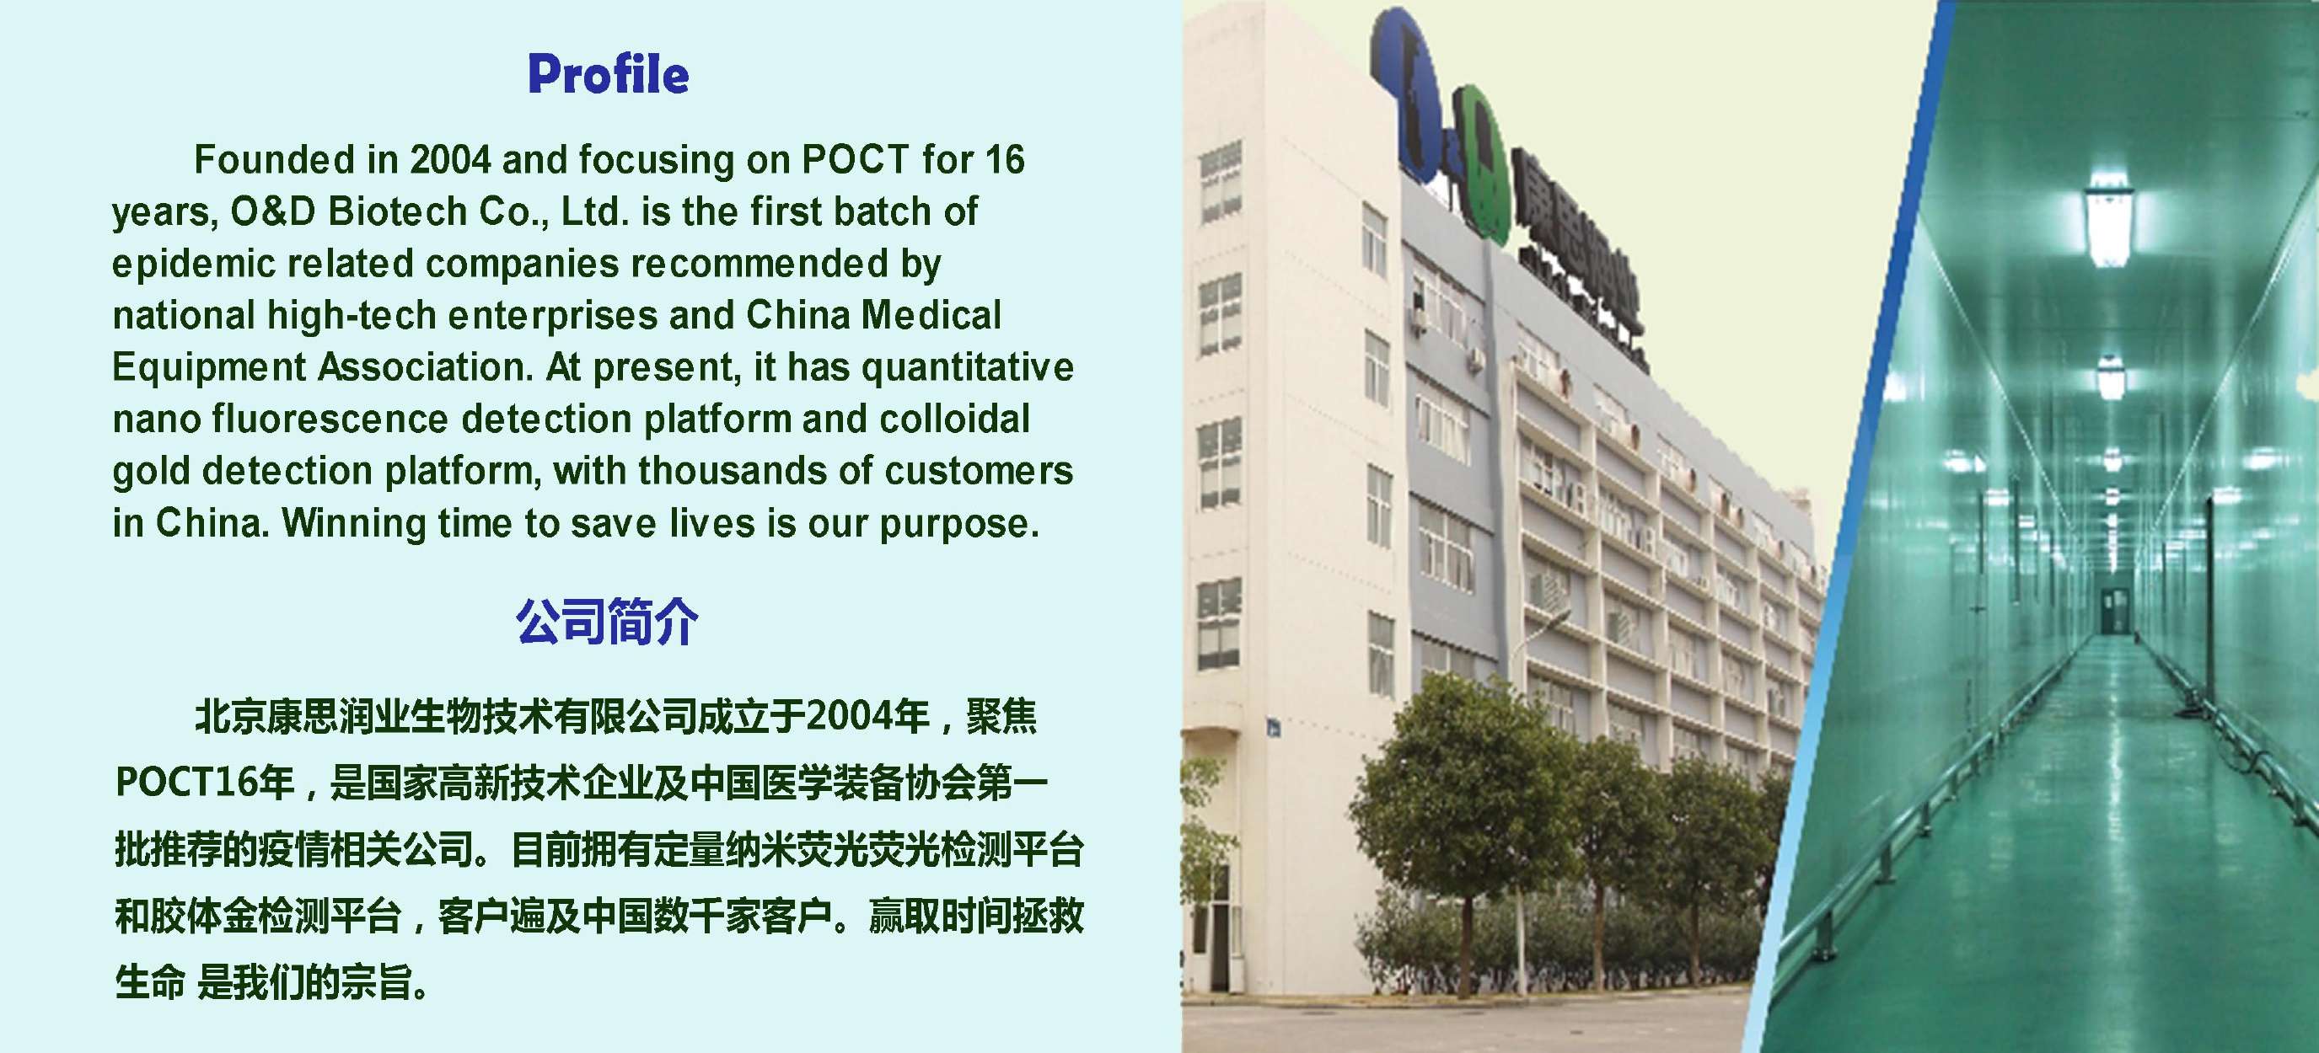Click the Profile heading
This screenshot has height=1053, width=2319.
609,74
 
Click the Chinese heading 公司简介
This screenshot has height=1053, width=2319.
607,621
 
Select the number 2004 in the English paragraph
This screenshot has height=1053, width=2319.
450,160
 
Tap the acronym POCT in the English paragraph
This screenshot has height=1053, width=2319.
856,160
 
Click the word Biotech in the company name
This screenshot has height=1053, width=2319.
397,211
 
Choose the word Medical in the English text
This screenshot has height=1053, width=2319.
931,315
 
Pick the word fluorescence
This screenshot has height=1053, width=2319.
330,420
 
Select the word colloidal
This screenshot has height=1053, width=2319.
954,420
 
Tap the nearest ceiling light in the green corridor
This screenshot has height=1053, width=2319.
2108,219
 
